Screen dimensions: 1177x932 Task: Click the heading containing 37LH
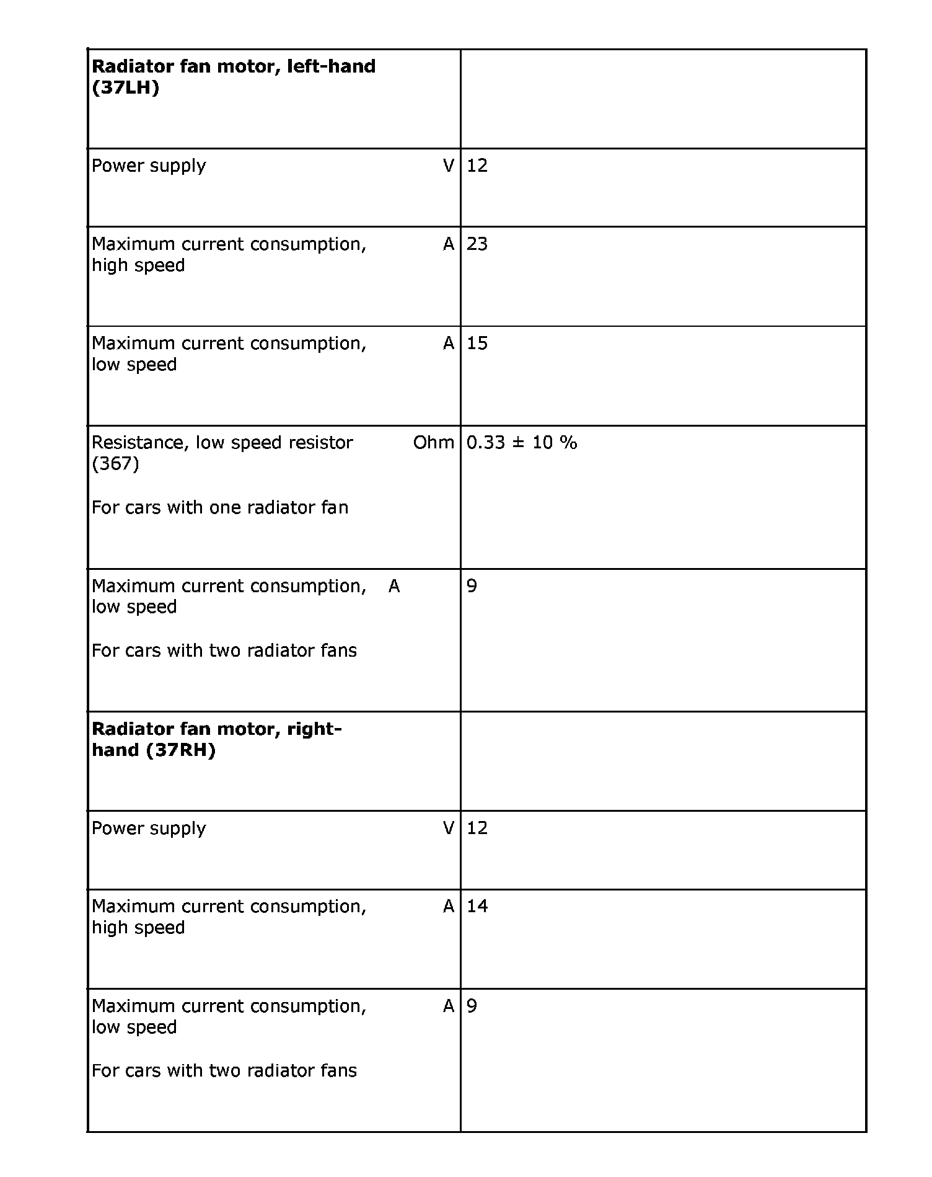click(x=233, y=76)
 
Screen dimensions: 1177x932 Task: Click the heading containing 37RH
click(x=216, y=739)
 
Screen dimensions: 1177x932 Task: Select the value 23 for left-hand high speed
click(x=477, y=244)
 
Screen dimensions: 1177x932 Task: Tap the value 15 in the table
click(x=477, y=344)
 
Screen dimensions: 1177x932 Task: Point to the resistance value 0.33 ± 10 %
click(x=521, y=443)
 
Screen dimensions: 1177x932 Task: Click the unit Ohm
click(x=433, y=443)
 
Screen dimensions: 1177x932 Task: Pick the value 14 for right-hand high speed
click(x=477, y=907)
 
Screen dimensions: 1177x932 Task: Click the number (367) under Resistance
click(x=115, y=464)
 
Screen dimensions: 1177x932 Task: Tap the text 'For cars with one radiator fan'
click(x=220, y=508)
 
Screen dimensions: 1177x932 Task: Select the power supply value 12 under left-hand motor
click(x=477, y=166)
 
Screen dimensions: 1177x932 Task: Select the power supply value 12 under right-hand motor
click(x=477, y=828)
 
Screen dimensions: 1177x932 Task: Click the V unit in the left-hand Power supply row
click(x=449, y=166)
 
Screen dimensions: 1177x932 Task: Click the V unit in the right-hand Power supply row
click(x=449, y=828)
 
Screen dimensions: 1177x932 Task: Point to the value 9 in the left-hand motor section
click(x=472, y=586)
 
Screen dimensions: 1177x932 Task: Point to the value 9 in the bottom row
click(x=472, y=1006)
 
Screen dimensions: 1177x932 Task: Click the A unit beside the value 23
click(x=449, y=244)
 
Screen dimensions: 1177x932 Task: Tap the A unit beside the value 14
click(x=449, y=907)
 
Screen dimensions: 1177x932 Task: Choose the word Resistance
click(x=141, y=443)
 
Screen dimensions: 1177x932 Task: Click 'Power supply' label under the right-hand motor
click(x=149, y=828)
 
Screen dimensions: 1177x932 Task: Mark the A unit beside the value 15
click(x=449, y=344)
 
